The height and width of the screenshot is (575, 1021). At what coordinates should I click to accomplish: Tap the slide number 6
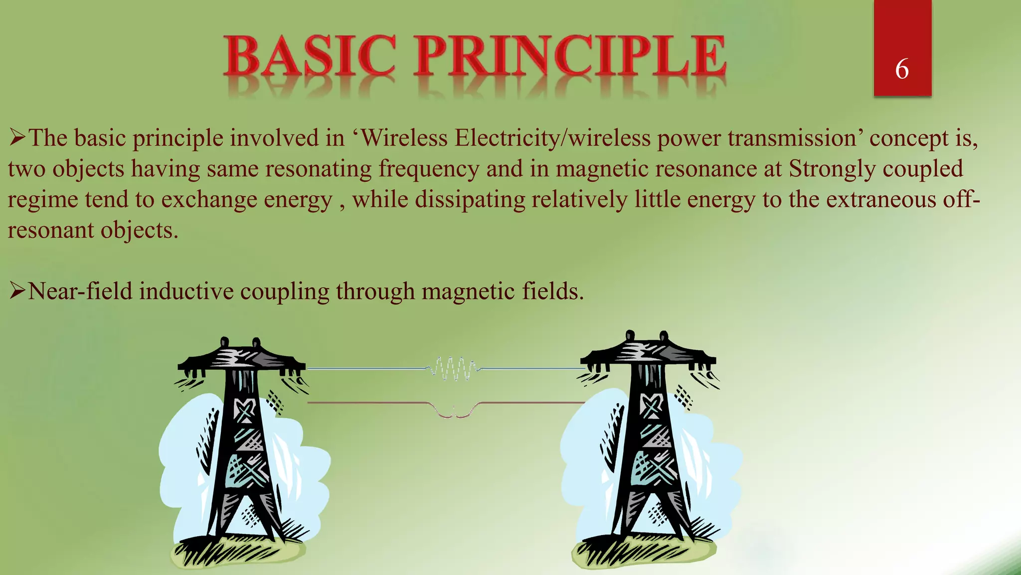[x=902, y=69]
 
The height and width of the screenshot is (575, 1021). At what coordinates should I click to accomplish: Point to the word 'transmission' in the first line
[x=792, y=138]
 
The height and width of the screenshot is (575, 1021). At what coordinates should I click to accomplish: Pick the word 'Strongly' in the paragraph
[x=831, y=169]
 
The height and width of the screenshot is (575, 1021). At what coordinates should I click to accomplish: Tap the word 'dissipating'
[x=470, y=200]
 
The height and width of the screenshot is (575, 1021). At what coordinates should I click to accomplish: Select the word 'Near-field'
[x=80, y=291]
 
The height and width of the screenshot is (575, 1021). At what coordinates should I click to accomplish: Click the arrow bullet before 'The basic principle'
[x=17, y=137]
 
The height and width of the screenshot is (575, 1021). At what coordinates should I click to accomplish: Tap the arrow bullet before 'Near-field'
[x=17, y=290]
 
